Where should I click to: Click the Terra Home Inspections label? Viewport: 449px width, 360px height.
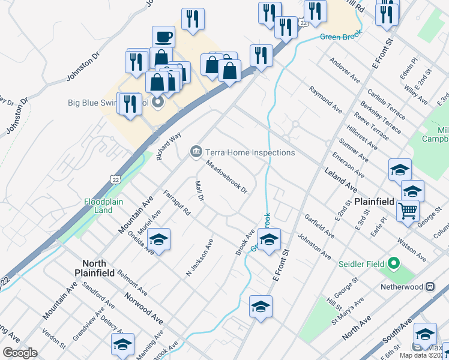[x=250, y=152]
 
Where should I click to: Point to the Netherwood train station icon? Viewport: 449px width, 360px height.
[x=430, y=287]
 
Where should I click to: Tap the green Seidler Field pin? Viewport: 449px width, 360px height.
[x=394, y=263]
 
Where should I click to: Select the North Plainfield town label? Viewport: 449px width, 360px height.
[x=94, y=268]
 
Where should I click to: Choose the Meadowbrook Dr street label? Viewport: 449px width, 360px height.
[x=227, y=176]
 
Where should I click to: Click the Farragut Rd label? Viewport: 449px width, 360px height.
[x=177, y=203]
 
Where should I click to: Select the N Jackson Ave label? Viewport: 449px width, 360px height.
[x=200, y=259]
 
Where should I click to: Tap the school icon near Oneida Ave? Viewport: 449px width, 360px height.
[x=158, y=239]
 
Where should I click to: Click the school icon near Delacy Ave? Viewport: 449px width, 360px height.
[x=122, y=344]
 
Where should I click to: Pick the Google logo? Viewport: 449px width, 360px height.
[x=20, y=353]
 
